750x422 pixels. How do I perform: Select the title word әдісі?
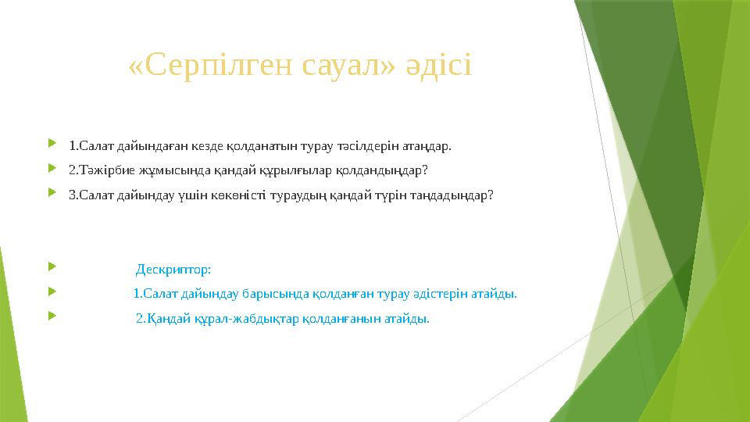click(x=439, y=66)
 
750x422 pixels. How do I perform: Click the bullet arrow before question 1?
click(x=52, y=142)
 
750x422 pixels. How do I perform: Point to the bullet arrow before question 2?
click(x=52, y=167)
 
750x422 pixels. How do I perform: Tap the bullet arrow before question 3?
click(x=52, y=192)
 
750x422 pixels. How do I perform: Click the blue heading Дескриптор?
click(x=173, y=270)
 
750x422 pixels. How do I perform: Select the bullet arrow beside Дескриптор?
click(x=52, y=266)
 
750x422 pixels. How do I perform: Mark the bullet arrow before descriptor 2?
click(x=52, y=315)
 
